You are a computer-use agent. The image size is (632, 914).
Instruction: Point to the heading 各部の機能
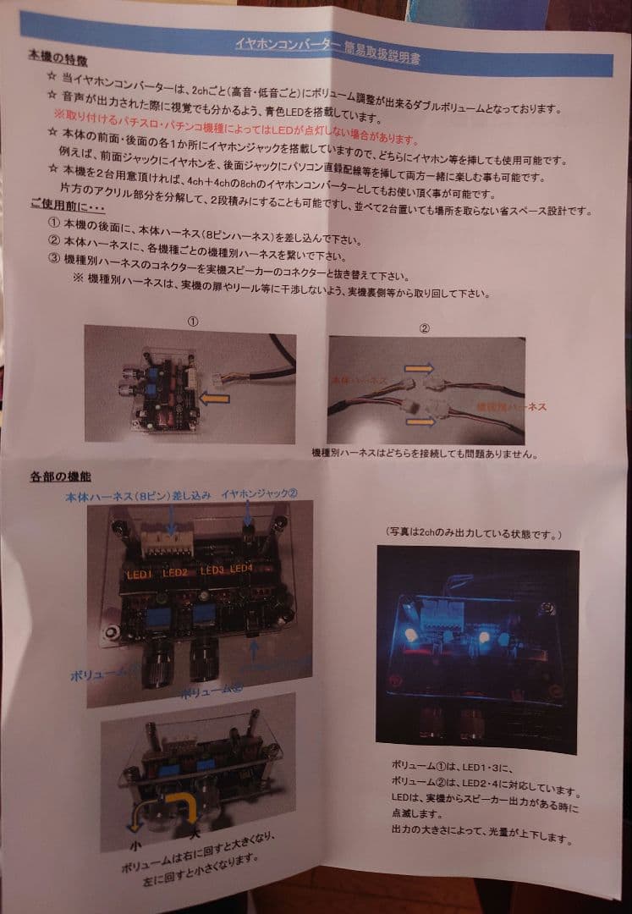tap(60, 476)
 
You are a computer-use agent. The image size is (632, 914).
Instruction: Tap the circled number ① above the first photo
tap(193, 322)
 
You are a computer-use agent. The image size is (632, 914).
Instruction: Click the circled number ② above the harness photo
tap(426, 328)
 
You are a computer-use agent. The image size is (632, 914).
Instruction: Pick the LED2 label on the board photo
tap(175, 572)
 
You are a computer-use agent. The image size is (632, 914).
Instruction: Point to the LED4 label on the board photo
tap(242, 568)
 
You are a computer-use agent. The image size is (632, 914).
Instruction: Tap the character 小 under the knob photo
tap(135, 844)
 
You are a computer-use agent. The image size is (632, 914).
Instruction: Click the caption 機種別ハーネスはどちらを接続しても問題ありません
tap(424, 453)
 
